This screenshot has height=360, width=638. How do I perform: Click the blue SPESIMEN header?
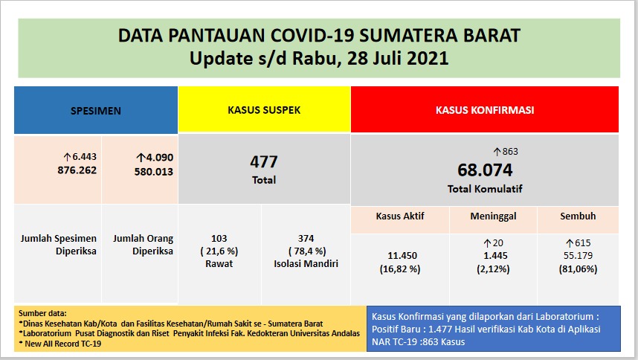[x=95, y=110]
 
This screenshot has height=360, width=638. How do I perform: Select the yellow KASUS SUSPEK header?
[x=264, y=110]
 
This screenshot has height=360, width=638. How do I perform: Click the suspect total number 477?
[x=264, y=161]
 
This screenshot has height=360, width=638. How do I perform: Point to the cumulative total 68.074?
[x=484, y=170]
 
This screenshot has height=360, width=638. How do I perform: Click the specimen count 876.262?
[x=77, y=170]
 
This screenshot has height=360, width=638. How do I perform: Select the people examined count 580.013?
[x=149, y=171]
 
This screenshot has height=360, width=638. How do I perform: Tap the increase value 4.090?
[x=154, y=158]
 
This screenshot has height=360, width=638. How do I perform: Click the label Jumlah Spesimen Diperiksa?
[x=57, y=245]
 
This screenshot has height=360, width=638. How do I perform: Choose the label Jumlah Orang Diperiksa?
[x=143, y=245]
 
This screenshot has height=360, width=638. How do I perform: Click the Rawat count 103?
[x=219, y=238]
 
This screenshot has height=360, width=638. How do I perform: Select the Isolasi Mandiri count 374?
[x=306, y=238]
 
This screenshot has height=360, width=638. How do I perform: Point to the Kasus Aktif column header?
[x=400, y=216]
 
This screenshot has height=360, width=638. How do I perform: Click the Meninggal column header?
[x=494, y=216]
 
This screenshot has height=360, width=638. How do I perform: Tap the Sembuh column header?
[x=577, y=216]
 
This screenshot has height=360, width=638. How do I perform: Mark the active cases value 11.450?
[x=400, y=255]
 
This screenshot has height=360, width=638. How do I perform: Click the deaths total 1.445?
[x=493, y=255]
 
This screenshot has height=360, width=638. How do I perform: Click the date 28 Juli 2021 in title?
[x=392, y=58]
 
